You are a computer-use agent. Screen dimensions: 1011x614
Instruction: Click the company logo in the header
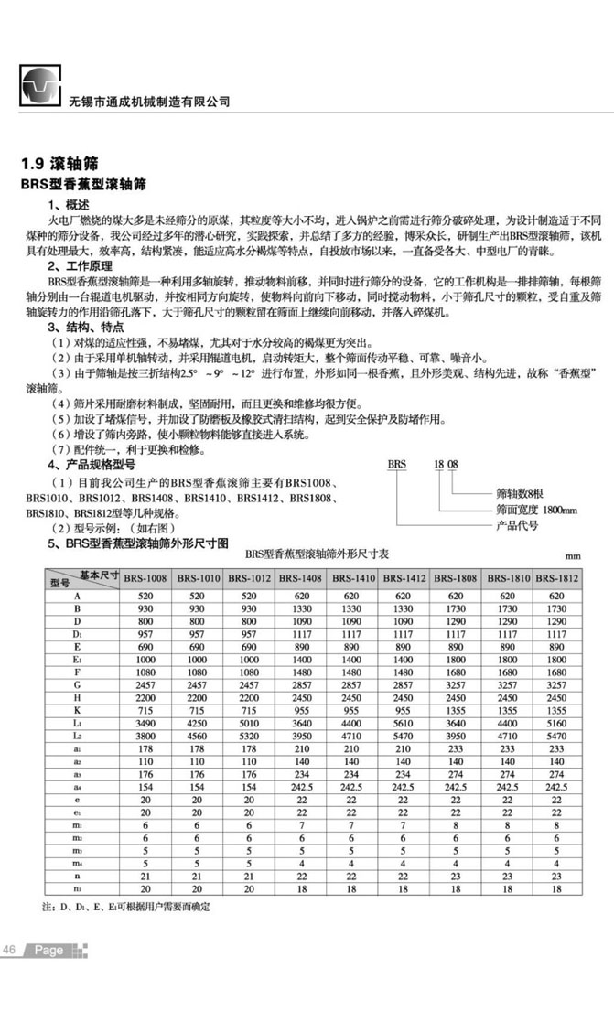coord(38,87)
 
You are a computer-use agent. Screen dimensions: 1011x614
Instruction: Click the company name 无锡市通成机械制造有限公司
coord(150,102)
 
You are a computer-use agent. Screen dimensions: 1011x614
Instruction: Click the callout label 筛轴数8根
coord(521,491)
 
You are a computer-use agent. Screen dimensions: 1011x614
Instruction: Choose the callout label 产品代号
coord(516,525)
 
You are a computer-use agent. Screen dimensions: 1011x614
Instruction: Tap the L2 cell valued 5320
coord(249,736)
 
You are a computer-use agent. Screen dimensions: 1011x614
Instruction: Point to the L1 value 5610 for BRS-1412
coord(404,723)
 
